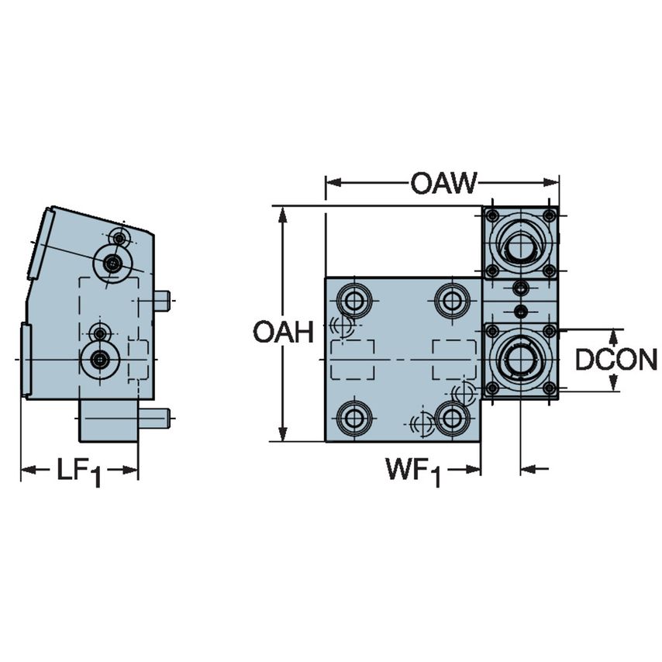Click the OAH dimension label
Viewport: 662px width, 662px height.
tap(283, 333)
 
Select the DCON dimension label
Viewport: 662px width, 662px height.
tap(616, 359)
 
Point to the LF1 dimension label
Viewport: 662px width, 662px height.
tap(78, 471)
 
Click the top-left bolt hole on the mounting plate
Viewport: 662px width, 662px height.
tap(355, 300)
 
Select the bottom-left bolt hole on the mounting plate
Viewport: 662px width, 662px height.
tap(355, 419)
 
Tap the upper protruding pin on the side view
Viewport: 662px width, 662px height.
tap(161, 301)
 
